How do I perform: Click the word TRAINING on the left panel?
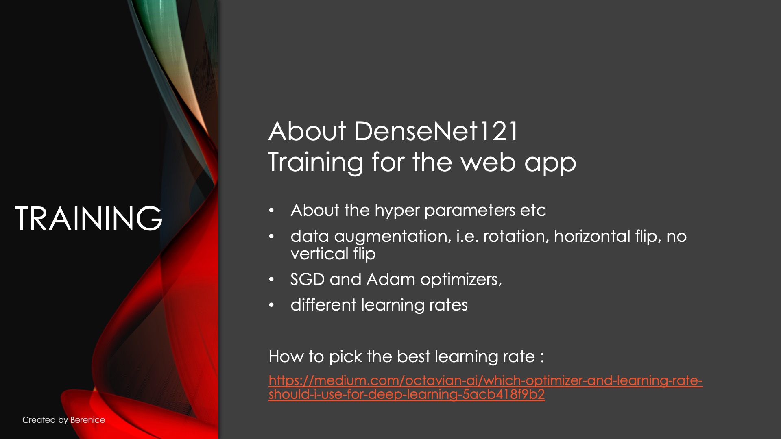(x=89, y=218)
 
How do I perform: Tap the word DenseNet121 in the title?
(x=436, y=131)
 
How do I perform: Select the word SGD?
(x=308, y=279)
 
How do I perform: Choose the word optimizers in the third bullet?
(x=461, y=280)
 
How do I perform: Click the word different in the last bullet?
(x=323, y=305)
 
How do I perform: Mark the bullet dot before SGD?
(x=272, y=280)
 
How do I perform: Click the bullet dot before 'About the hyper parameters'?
(x=272, y=211)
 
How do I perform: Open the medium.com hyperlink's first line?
(x=486, y=380)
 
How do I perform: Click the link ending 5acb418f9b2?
(x=407, y=394)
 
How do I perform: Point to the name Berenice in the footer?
(x=87, y=420)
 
